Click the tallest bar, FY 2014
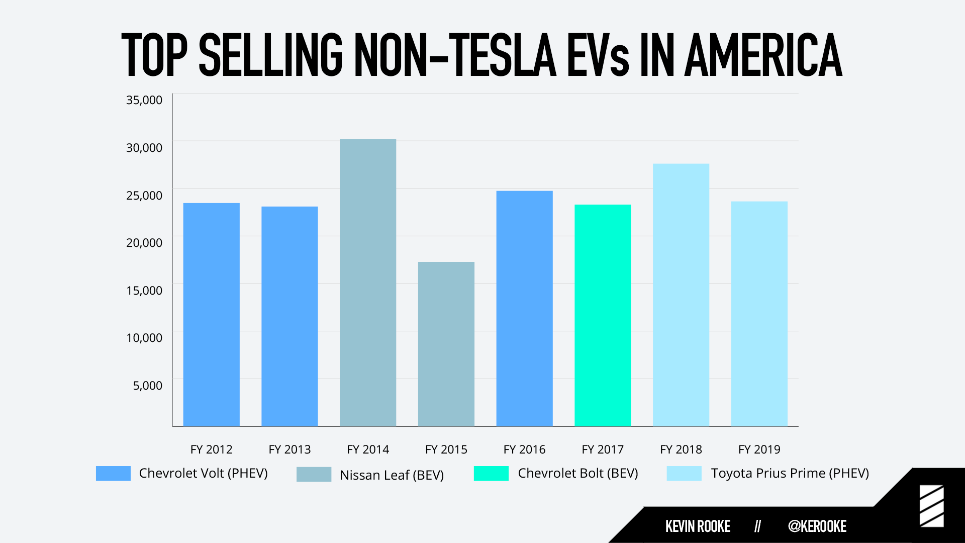point(368,283)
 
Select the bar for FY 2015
point(446,344)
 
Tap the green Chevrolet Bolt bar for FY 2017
point(603,315)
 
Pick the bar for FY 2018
point(681,295)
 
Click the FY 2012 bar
point(212,315)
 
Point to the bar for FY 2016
point(525,309)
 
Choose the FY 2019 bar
point(759,314)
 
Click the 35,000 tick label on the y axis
point(144,100)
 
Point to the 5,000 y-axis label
point(148,386)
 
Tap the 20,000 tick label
point(144,242)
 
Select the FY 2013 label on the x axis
point(289,449)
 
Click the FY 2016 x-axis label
point(525,449)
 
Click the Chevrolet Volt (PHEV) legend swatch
point(113,473)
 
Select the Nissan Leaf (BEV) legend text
point(392,475)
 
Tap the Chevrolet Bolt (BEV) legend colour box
point(491,473)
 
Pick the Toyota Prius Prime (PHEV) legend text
point(790,473)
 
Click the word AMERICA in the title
point(763,55)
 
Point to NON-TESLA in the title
point(455,55)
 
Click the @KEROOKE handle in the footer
point(817,526)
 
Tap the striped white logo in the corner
point(932,506)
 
